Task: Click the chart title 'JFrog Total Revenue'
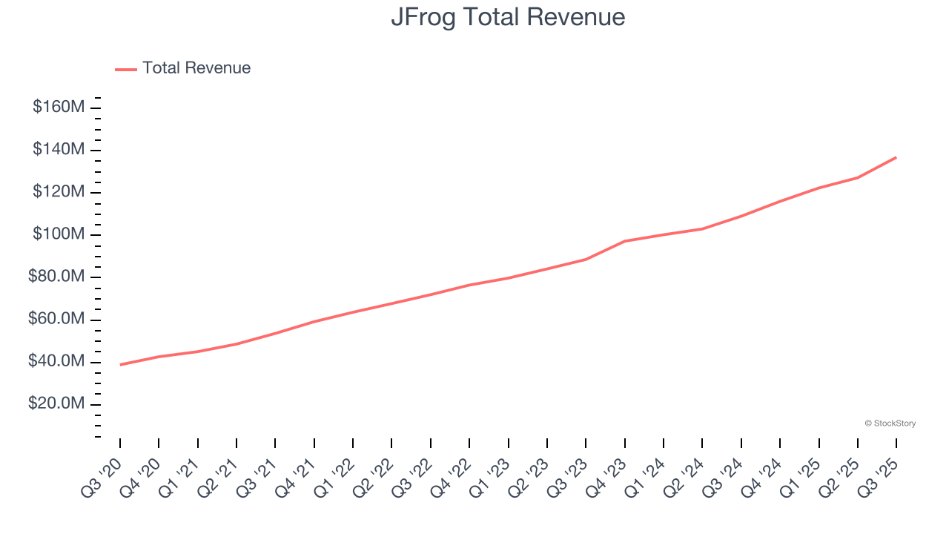coord(508,16)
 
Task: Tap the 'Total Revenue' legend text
coord(196,68)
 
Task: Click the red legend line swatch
coord(126,69)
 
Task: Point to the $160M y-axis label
coord(59,107)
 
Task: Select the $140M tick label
coord(59,150)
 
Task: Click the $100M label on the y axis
coord(59,234)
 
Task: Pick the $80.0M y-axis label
coord(56,277)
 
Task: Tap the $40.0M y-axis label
coord(56,362)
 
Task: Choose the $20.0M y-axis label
coord(56,404)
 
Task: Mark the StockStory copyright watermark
coord(890,423)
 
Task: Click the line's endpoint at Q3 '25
coord(896,157)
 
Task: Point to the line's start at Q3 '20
coord(120,364)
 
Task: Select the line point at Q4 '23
coord(625,241)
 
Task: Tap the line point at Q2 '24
coord(702,228)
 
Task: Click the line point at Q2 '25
coord(858,177)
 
